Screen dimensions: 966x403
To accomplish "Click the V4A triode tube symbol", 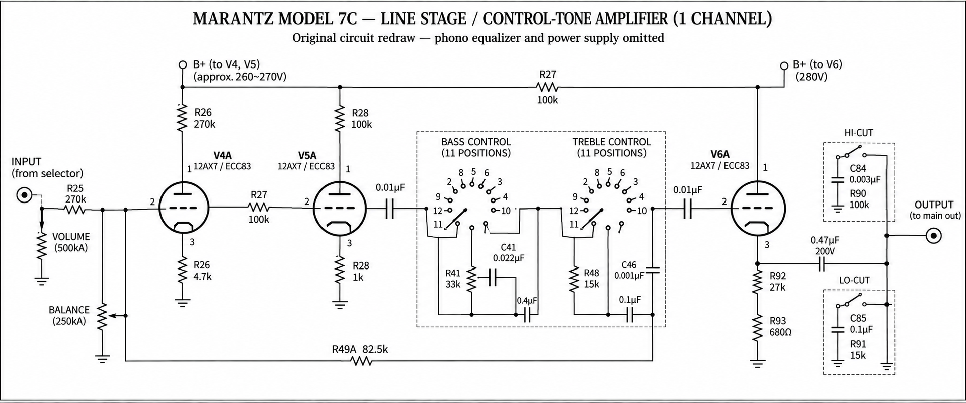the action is [x=184, y=208].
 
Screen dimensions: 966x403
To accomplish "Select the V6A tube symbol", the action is [x=757, y=208].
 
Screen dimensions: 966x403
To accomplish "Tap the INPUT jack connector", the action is [x=24, y=195].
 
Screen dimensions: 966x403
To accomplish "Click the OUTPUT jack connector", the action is [x=934, y=235].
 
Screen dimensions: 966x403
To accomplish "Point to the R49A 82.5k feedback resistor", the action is [x=361, y=361].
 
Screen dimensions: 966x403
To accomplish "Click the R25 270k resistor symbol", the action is [x=75, y=210].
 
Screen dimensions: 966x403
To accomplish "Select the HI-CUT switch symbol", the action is [x=851, y=152].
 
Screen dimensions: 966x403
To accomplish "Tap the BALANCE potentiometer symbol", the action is [x=103, y=316].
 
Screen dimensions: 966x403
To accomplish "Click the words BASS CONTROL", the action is [x=476, y=142].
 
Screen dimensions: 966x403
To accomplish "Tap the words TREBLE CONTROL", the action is [x=611, y=142].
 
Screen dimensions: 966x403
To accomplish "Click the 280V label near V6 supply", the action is [x=812, y=77].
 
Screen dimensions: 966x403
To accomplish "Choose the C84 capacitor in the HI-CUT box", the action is [x=837, y=180].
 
